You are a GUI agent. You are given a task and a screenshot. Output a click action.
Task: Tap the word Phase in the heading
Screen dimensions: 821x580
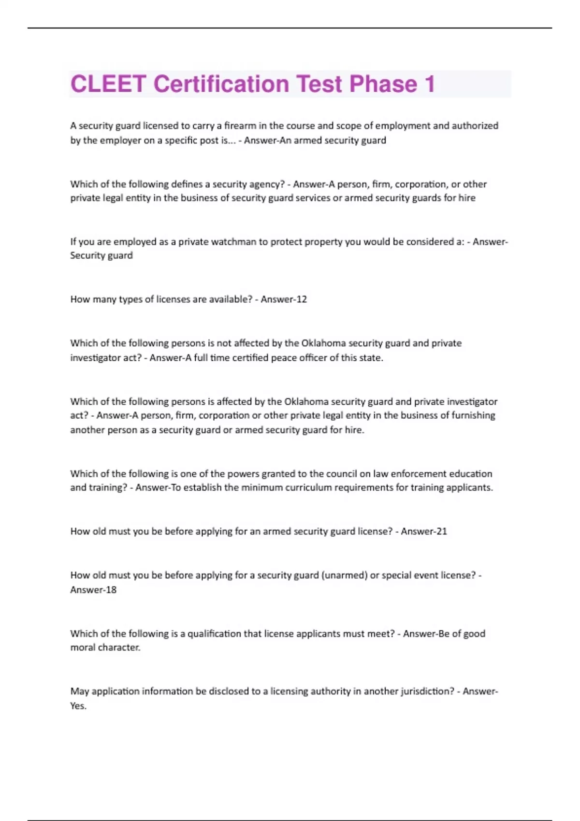(383, 84)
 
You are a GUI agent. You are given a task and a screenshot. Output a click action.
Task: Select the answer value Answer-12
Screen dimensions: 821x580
(284, 299)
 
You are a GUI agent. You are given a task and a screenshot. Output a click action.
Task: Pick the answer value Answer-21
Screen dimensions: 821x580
(424, 531)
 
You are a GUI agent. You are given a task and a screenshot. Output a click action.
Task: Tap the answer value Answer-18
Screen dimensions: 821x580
(93, 590)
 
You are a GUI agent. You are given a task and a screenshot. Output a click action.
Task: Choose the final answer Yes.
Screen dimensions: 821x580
(78, 706)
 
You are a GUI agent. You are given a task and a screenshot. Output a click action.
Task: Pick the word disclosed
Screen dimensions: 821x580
(228, 691)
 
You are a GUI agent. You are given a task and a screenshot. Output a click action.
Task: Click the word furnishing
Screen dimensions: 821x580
(473, 415)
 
